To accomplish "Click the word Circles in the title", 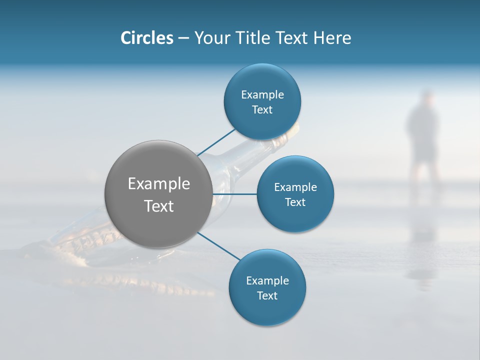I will click(147, 38).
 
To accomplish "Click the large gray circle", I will click(158, 220).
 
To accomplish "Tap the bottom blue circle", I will click(267, 310).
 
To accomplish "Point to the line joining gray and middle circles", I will click(234, 194).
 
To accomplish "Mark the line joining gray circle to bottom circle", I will click(218, 246).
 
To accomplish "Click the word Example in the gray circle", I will click(159, 184).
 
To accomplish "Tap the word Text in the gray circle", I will click(159, 206).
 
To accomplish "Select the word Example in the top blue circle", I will click(262, 95).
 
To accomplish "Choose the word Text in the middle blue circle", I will click(295, 202).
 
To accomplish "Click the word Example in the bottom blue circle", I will click(267, 280).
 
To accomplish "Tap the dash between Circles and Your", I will click(183, 38).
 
